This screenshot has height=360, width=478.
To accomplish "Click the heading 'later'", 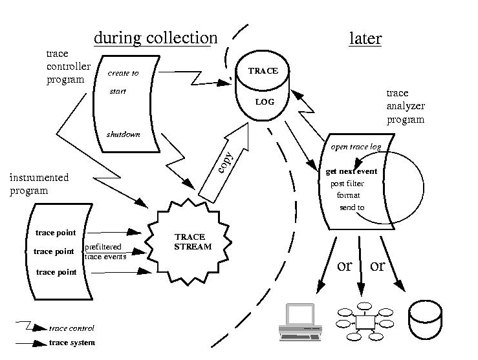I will click(365, 38).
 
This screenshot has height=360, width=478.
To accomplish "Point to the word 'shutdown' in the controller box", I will click(123, 135).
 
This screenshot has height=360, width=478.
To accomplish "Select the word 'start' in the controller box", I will click(117, 91).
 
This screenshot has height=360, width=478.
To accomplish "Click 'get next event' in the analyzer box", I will click(352, 172).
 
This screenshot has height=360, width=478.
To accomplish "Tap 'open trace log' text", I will click(356, 147).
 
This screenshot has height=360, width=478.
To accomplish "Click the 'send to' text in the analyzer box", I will click(352, 207).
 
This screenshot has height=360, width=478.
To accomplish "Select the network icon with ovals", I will click(366, 321).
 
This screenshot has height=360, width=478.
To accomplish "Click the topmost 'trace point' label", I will click(55, 232).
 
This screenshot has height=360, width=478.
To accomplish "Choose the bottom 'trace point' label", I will click(55, 272).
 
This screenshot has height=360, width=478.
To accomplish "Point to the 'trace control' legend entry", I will click(72, 328).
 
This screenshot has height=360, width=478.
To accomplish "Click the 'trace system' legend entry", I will click(72, 343).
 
